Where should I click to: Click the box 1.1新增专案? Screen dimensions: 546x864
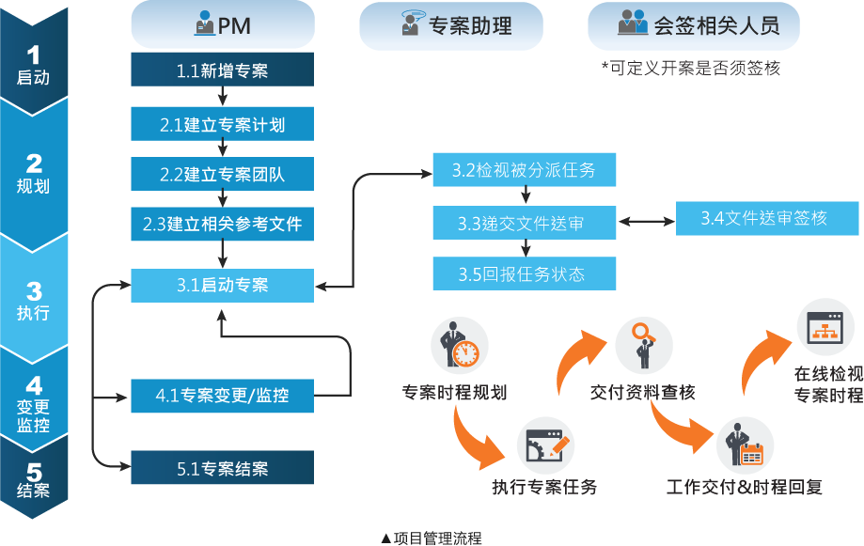click(x=222, y=70)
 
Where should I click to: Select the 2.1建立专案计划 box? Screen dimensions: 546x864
click(x=222, y=124)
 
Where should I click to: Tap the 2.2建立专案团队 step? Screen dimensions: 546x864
click(x=222, y=174)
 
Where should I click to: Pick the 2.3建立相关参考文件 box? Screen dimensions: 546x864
click(x=222, y=225)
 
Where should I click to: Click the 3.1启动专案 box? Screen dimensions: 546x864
click(x=222, y=286)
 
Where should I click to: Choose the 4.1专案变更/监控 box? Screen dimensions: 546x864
click(x=222, y=397)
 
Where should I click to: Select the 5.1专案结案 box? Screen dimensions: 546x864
click(x=222, y=468)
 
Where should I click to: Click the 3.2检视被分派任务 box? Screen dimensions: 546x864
click(x=524, y=170)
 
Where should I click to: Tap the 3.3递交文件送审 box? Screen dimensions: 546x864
click(x=524, y=224)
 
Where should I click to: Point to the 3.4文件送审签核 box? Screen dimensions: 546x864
click(x=763, y=219)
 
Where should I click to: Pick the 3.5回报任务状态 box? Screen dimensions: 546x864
click(x=524, y=274)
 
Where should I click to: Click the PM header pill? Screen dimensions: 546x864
click(x=222, y=24)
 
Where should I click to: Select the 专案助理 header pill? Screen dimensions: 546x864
click(x=451, y=25)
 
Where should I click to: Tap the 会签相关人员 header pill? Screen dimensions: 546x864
click(x=694, y=25)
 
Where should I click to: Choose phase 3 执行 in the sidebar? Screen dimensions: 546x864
click(x=35, y=299)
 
